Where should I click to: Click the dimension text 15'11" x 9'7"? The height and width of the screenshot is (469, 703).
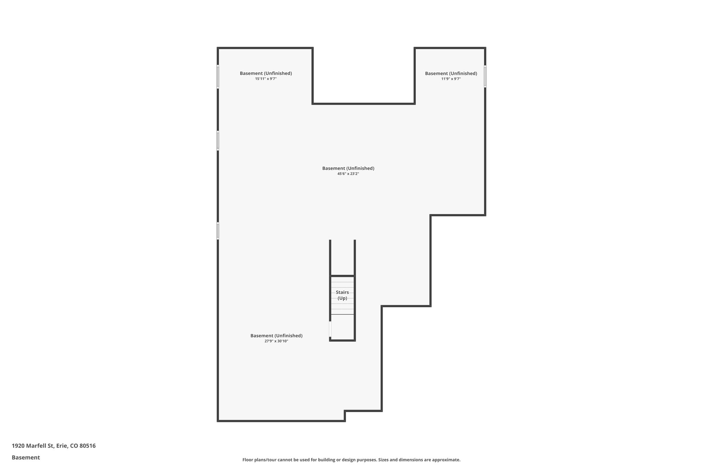(266, 79)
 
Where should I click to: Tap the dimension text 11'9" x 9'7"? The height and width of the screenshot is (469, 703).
(451, 79)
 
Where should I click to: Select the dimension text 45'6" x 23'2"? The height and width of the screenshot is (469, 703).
(348, 174)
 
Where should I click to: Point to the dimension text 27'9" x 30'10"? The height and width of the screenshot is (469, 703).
(276, 341)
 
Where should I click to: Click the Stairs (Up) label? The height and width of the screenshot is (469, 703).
(342, 295)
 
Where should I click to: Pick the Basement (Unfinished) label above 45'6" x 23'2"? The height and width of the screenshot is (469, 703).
(348, 168)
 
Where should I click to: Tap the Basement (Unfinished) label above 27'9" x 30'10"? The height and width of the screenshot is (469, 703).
(276, 336)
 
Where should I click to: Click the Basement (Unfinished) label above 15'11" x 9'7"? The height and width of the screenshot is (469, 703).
(266, 73)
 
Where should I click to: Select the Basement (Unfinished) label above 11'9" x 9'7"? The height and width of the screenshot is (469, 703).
(451, 73)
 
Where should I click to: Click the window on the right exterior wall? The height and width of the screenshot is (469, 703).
(485, 76)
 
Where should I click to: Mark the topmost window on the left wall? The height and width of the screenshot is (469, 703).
(218, 77)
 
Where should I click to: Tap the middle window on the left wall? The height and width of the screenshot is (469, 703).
(218, 141)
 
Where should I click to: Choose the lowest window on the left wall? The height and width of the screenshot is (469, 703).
(218, 231)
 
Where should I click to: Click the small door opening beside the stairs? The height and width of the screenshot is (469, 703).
(330, 329)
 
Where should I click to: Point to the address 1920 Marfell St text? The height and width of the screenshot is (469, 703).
(33, 446)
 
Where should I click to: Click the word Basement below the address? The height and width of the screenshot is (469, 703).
(26, 457)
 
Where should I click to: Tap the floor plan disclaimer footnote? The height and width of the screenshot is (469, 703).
(351, 460)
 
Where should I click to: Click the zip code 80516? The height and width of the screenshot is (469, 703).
(88, 446)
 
